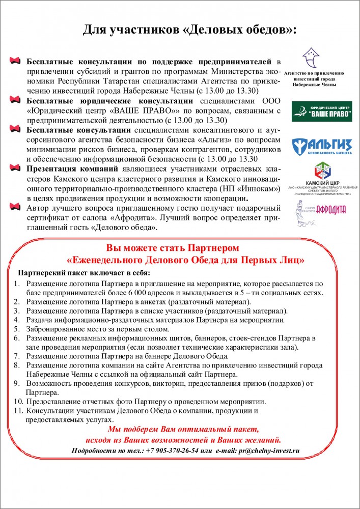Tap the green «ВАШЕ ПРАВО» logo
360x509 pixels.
tap(321, 112)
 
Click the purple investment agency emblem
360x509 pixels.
tap(311, 57)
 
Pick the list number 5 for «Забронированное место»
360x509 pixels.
tap(16, 329)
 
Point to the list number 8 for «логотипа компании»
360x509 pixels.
tap(16, 365)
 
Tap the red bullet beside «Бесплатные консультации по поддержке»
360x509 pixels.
tap(16, 62)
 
